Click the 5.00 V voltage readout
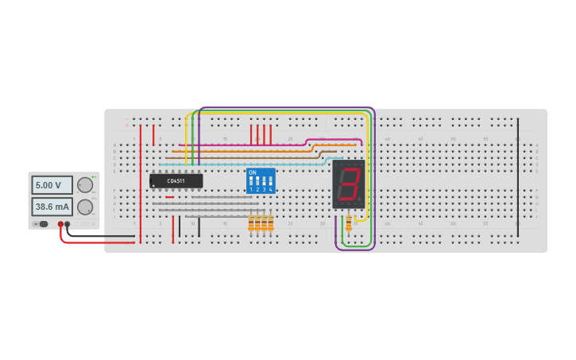(52, 185)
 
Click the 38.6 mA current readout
(52, 207)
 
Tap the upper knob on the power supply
(84, 185)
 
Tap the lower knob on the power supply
(84, 207)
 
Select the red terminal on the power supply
(60, 224)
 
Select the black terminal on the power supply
(68, 224)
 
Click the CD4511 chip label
(176, 181)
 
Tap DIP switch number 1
(251, 182)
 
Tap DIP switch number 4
(270, 182)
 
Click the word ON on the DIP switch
(253, 172)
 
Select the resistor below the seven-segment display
(348, 223)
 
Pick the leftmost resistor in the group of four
(251, 223)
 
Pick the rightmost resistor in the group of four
(270, 223)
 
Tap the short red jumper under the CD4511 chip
(170, 197)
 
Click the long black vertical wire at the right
(518, 175)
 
